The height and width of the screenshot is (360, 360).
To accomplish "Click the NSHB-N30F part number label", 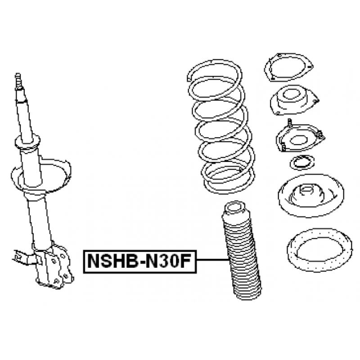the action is pos(140,261).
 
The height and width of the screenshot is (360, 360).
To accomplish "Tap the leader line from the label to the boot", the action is pos(213,260).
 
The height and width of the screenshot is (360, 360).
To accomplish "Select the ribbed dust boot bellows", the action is pos(241,250).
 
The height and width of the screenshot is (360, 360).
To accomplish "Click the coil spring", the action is pos(220,126).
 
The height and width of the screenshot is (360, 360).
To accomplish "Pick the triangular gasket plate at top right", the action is pos(288,67).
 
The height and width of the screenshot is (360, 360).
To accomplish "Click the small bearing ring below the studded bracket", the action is pos(301,162).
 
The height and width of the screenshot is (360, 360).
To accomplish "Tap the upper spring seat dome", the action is pos(311,196).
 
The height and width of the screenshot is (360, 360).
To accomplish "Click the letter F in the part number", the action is pos(185,261).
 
